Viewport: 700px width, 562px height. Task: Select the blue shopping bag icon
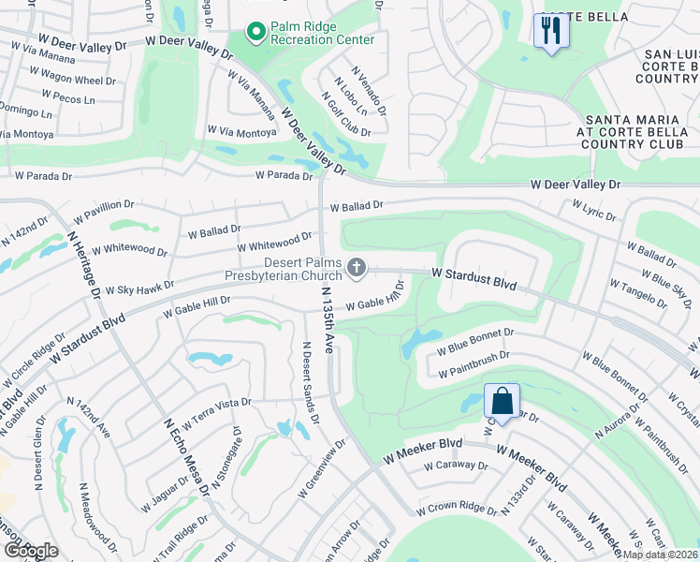pyautogui.click(x=502, y=401)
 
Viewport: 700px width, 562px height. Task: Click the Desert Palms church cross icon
pyautogui.click(x=356, y=269)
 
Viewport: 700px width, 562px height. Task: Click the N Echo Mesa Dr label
pyautogui.click(x=183, y=453)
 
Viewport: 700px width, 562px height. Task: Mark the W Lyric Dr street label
pyautogui.click(x=594, y=211)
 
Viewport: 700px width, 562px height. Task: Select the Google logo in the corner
pyautogui.click(x=30, y=551)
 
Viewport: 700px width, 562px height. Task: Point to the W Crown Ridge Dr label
pyautogui.click(x=457, y=510)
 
